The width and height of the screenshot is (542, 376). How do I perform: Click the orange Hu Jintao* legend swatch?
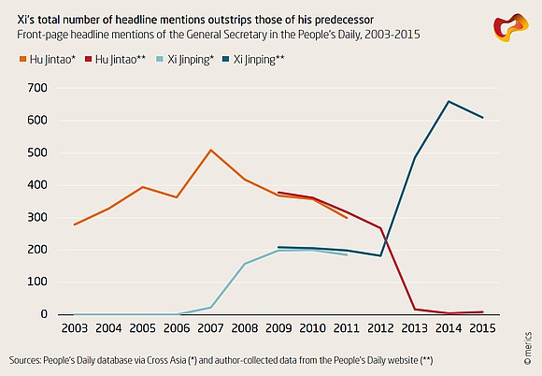[22, 60]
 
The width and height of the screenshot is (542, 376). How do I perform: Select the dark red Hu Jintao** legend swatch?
[88, 60]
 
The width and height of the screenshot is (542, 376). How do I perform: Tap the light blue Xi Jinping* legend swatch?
[161, 60]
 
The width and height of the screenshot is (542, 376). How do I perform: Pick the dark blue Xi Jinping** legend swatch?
[226, 60]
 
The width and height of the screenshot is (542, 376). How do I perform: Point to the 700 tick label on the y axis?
[37, 88]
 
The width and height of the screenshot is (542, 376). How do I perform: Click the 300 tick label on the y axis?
[37, 218]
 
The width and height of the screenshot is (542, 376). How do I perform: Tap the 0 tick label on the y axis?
[44, 314]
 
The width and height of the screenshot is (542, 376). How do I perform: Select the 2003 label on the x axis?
[75, 328]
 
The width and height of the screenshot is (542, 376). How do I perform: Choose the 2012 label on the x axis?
[380, 328]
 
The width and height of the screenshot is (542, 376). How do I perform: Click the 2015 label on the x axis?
[482, 328]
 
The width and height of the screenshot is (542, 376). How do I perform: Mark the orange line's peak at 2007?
[210, 150]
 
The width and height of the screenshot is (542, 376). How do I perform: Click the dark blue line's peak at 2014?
[449, 101]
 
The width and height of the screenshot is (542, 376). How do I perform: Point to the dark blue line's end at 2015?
[482, 118]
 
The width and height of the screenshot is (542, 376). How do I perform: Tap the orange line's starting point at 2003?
[75, 224]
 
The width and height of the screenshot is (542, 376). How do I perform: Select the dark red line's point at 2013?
[415, 309]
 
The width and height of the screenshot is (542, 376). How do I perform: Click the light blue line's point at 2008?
[245, 264]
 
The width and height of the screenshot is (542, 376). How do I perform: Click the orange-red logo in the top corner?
[511, 28]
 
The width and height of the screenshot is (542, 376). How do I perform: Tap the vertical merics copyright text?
[527, 348]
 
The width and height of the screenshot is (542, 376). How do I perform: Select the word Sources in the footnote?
[24, 360]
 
